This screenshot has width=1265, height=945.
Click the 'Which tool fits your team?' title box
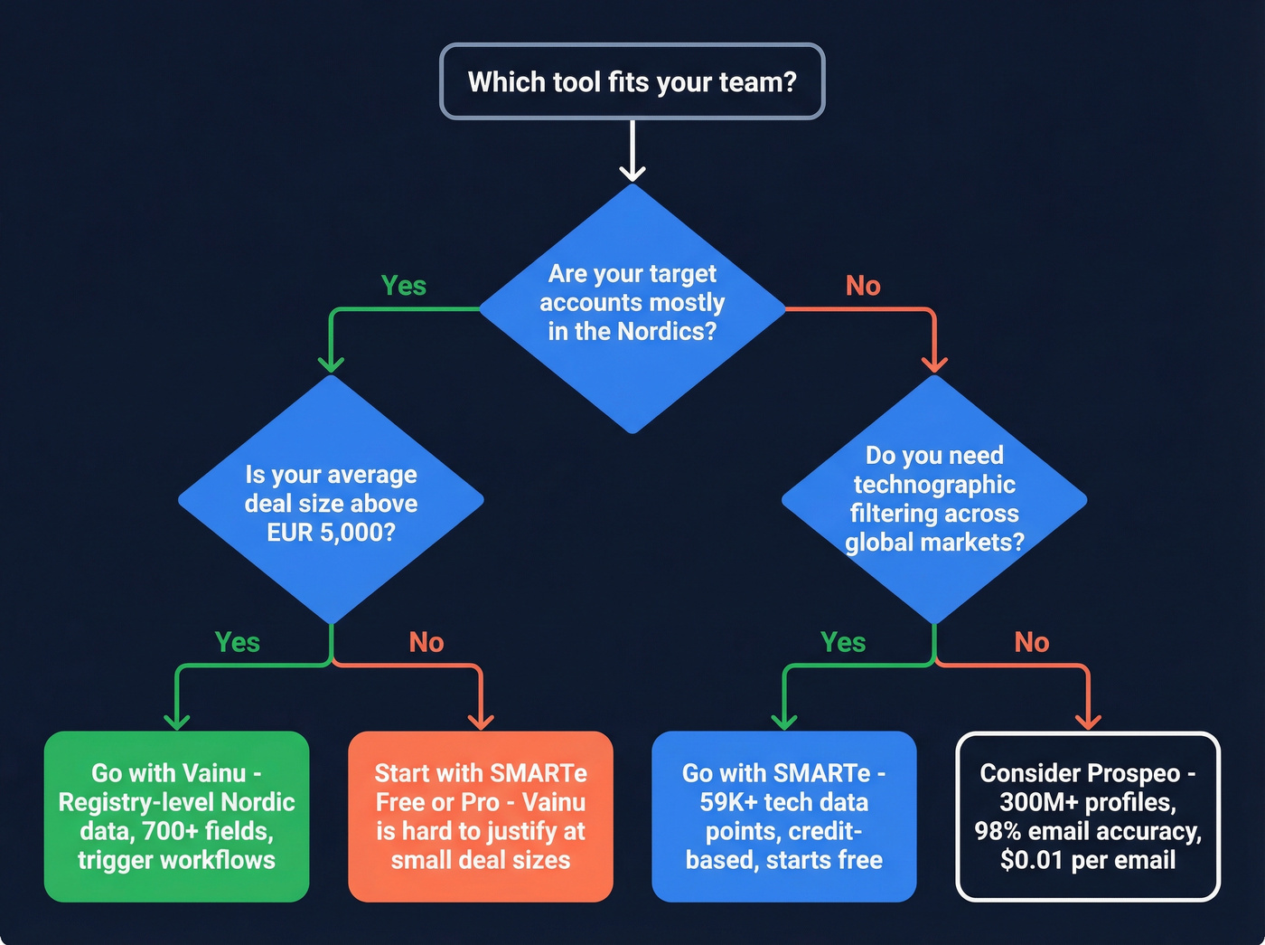[x=632, y=81]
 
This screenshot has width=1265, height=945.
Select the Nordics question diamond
[x=632, y=307]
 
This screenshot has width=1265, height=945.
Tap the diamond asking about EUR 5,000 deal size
[x=331, y=502]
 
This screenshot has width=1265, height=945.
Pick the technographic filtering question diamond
[x=933, y=498]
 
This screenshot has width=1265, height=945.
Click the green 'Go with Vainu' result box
[x=176, y=816]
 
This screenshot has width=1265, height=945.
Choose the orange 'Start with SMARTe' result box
[x=480, y=816]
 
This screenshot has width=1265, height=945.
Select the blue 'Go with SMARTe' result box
[x=783, y=816]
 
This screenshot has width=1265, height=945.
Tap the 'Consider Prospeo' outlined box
[x=1087, y=816]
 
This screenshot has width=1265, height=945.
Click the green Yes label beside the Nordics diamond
[x=403, y=286]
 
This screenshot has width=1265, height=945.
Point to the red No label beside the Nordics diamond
[x=863, y=286]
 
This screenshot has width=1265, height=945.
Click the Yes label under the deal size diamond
[x=237, y=642]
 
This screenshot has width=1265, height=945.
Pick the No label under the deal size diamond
[x=426, y=642]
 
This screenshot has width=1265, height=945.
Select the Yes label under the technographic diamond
[x=842, y=642]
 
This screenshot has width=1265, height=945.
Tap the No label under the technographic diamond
[x=1031, y=642]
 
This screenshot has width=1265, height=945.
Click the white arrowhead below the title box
[x=632, y=172]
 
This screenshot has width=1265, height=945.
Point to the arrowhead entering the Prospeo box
[x=1088, y=721]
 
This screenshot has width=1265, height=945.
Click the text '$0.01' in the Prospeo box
[x=1031, y=860]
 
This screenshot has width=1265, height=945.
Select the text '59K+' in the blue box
[x=728, y=802]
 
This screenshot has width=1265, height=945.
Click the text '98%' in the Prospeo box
[x=997, y=831]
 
